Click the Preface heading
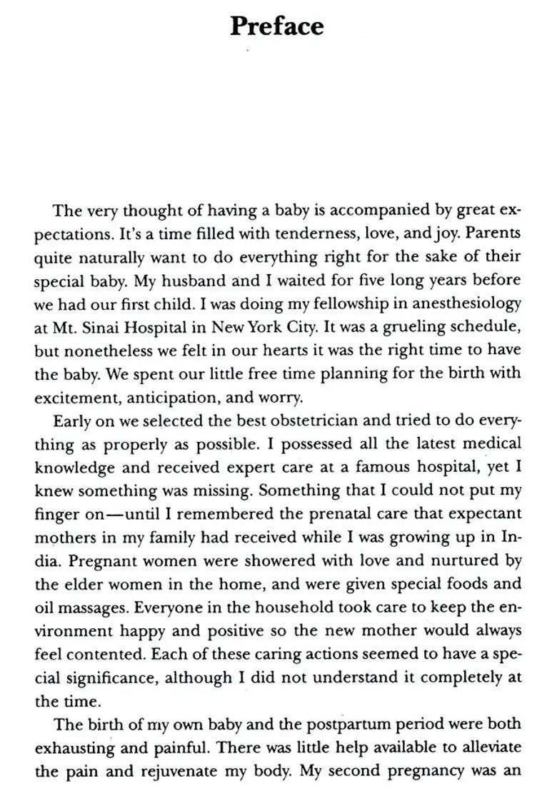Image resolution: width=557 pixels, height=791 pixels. (x=277, y=26)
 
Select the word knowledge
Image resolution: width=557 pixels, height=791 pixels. (x=74, y=467)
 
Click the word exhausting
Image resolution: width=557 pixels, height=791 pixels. (x=74, y=747)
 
